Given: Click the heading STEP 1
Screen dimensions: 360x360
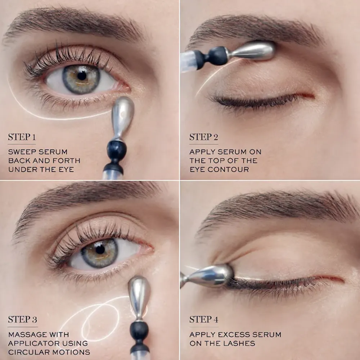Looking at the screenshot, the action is (22, 137).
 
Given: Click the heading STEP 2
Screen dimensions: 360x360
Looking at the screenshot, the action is (204, 137).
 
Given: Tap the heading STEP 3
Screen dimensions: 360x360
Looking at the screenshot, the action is (22, 319).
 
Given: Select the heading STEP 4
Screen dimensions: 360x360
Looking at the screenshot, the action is (204, 319).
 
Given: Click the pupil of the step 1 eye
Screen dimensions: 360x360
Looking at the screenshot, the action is (82, 76).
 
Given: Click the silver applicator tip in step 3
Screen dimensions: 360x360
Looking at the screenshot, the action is (139, 296).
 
